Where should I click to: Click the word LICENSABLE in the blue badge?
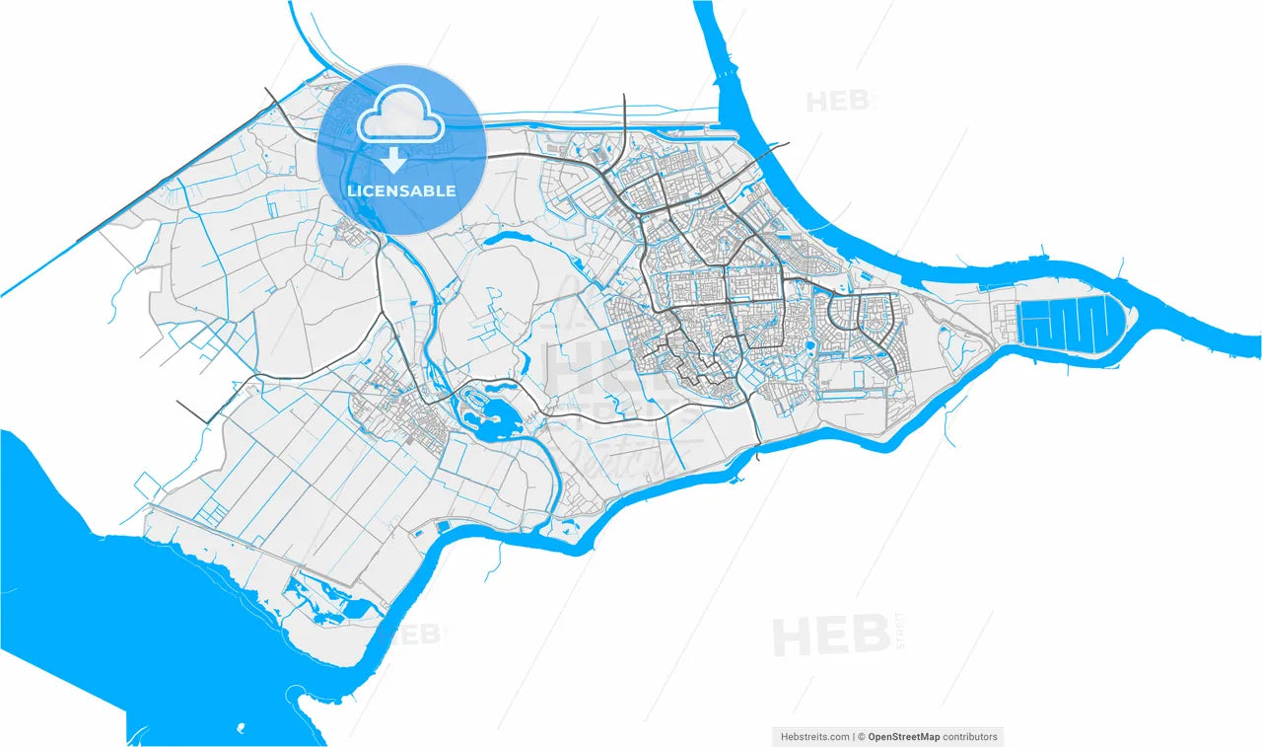[x=401, y=190]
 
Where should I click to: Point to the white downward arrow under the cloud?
[x=393, y=159]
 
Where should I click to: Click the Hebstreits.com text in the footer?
[x=814, y=736]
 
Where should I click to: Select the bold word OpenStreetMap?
[x=903, y=736]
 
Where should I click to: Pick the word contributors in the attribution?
[x=970, y=736]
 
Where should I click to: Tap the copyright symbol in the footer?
[x=861, y=736]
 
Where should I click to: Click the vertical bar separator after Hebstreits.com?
[x=853, y=736]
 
